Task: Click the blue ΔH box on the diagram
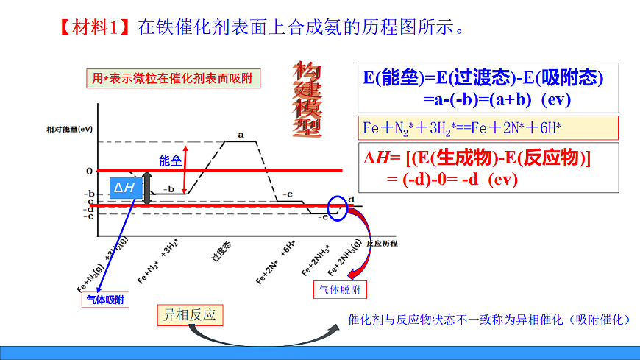124,188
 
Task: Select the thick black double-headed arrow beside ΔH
147,188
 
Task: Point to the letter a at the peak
241,135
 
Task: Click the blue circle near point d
338,208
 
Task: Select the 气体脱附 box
340,289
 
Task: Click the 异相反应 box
190,315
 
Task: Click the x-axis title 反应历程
381,243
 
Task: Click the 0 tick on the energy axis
89,171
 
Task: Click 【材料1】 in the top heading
94,29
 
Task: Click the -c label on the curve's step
288,194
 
